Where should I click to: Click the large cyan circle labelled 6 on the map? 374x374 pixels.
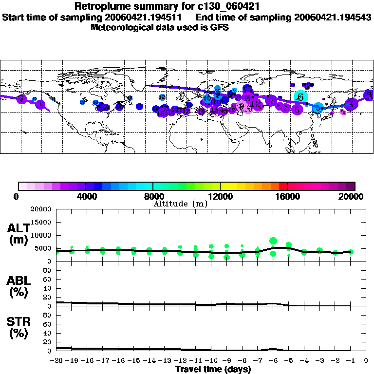pos(301,97)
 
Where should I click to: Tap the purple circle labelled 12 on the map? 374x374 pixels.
pos(256,104)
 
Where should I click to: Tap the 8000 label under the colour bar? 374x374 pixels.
pos(153,197)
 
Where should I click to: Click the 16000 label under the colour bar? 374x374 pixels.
pos(288,197)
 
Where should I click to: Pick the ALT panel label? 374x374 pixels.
pos(19,234)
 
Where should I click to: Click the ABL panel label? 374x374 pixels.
pos(19,287)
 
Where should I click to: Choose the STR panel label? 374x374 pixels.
pos(19,328)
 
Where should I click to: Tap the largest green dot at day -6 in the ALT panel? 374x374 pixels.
pos(273,241)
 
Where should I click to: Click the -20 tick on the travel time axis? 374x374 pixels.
pos(56,360)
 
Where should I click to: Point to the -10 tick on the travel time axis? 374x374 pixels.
pos(211,360)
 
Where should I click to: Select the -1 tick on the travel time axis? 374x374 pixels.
pos(351,360)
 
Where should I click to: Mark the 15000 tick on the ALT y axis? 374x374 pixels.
pos(41,222)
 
